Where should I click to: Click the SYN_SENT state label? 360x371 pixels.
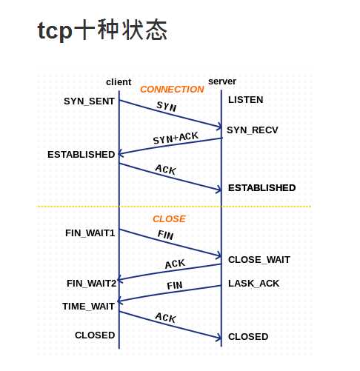pyautogui.click(x=89, y=100)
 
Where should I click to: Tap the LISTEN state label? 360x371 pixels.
pyautogui.click(x=245, y=99)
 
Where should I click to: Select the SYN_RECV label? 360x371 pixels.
pyautogui.click(x=252, y=130)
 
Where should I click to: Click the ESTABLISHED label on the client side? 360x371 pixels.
pyautogui.click(x=81, y=154)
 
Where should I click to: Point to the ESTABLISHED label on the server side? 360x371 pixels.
pyautogui.click(x=261, y=187)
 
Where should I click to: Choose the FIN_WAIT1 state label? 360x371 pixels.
pyautogui.click(x=90, y=233)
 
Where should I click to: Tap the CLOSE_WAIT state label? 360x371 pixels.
pyautogui.click(x=259, y=259)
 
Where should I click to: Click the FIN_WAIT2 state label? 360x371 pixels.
pyautogui.click(x=91, y=283)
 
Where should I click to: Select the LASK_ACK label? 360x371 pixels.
pyautogui.click(x=253, y=284)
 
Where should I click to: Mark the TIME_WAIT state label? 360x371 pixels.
pyautogui.click(x=88, y=306)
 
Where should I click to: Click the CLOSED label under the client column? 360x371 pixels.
pyautogui.click(x=95, y=335)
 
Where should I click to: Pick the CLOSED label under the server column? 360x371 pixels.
pyautogui.click(x=248, y=336)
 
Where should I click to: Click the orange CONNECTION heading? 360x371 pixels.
pyautogui.click(x=172, y=90)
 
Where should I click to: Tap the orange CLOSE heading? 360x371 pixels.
pyautogui.click(x=169, y=219)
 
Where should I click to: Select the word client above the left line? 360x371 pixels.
pyautogui.click(x=119, y=81)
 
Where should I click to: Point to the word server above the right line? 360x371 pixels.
pyautogui.click(x=222, y=81)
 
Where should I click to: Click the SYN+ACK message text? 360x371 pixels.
pyautogui.click(x=176, y=138)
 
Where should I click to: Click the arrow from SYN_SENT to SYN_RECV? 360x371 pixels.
pyautogui.click(x=170, y=113)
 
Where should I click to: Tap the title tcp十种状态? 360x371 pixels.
pyautogui.click(x=102, y=32)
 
